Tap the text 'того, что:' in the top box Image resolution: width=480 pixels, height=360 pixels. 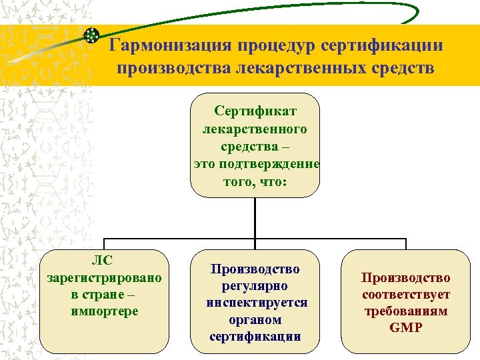coord(255,181)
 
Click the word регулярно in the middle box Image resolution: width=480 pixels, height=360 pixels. coord(255,286)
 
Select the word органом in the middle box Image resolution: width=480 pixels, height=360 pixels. coord(255,319)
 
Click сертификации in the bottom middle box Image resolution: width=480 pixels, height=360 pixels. coord(255,337)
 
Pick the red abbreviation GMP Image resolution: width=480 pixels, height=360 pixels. coord(406,328)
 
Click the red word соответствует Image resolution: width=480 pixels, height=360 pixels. coord(406,294)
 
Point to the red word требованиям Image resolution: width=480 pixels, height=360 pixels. coord(406,311)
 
